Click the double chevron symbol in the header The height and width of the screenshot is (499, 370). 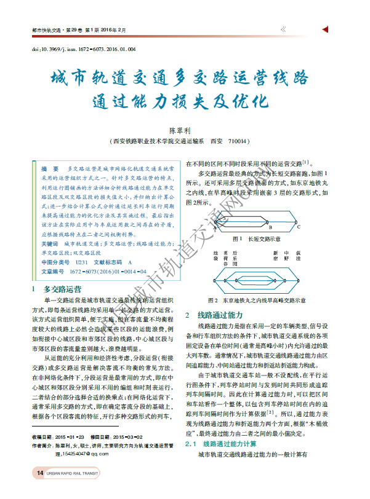282,29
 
